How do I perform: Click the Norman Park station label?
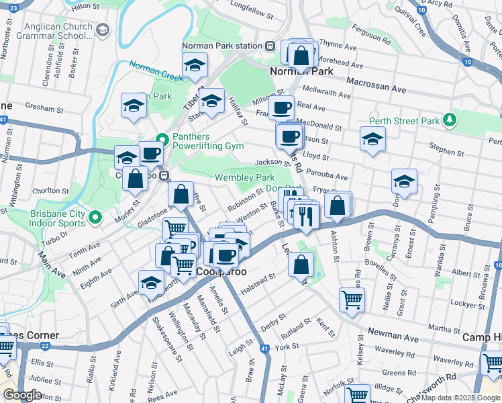click(221, 46)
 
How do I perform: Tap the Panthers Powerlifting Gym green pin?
click(161, 140)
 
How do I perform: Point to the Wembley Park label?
click(244, 178)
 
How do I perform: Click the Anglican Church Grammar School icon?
click(103, 30)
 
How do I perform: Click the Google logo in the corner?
click(21, 394)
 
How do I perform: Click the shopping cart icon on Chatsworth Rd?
click(493, 363)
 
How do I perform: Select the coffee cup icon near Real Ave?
click(281, 107)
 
